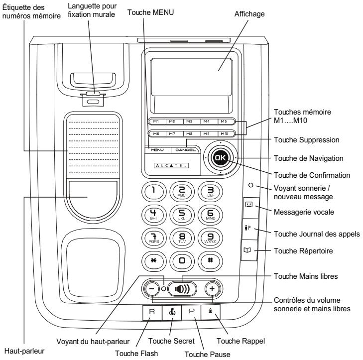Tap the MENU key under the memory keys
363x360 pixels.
(157, 150)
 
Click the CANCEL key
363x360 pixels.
(185, 150)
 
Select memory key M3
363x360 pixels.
(189, 121)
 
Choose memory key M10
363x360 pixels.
(225, 133)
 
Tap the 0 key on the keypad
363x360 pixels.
(182, 261)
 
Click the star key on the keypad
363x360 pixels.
(153, 261)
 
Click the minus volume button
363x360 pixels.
(152, 289)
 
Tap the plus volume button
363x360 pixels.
(212, 289)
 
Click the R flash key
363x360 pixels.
(152, 312)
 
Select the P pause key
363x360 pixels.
(191, 312)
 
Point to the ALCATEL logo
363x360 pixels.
(171, 165)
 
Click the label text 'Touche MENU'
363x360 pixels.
(150, 12)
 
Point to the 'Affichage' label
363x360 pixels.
(249, 14)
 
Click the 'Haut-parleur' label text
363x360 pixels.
(24, 351)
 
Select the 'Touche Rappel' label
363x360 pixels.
(241, 341)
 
